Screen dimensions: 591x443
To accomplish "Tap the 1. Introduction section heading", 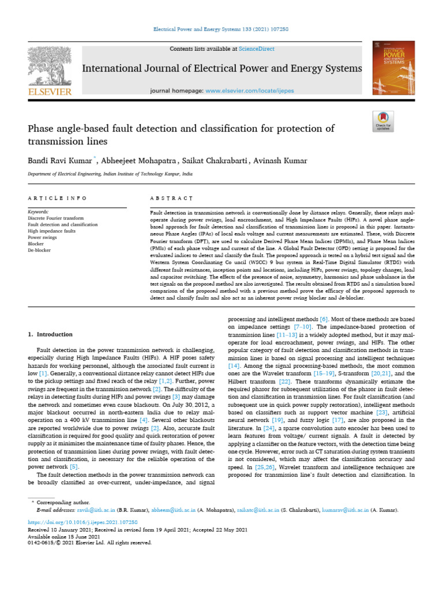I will coord(51,334).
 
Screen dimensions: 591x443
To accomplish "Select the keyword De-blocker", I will coord(39,250).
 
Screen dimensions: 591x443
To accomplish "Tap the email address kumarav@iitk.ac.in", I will coord(352,511).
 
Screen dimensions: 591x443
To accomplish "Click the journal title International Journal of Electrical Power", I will coord(222,69).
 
